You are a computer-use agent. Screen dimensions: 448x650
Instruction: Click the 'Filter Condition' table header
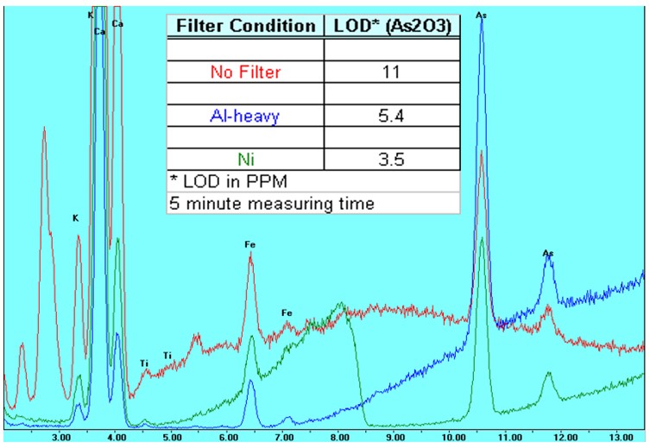pyautogui.click(x=245, y=26)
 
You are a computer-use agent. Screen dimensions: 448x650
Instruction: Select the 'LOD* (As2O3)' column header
pyautogui.click(x=392, y=26)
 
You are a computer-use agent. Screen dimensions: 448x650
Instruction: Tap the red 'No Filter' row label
pyautogui.click(x=245, y=73)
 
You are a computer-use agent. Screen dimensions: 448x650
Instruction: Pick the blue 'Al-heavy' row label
pyautogui.click(x=245, y=116)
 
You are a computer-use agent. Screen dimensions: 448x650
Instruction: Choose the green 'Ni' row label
pyautogui.click(x=245, y=158)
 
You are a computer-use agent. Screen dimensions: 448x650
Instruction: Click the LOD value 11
pyautogui.click(x=392, y=73)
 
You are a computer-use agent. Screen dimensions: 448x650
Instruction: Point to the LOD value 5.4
pyautogui.click(x=392, y=116)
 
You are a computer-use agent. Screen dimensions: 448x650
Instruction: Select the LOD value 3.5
pyautogui.click(x=392, y=158)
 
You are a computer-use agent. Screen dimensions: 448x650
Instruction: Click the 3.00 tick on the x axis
pyautogui.click(x=61, y=438)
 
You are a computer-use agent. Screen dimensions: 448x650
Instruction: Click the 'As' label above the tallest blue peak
pyautogui.click(x=480, y=15)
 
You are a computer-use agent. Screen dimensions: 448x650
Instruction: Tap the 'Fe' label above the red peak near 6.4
pyautogui.click(x=250, y=245)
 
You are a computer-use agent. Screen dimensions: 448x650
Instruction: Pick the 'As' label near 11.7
pyautogui.click(x=547, y=253)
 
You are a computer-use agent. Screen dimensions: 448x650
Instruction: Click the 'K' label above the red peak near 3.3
pyautogui.click(x=76, y=218)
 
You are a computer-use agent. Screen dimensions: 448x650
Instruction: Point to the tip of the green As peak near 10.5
pyautogui.click(x=481, y=238)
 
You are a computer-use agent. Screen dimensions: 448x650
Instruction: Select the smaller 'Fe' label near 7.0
pyautogui.click(x=287, y=312)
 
